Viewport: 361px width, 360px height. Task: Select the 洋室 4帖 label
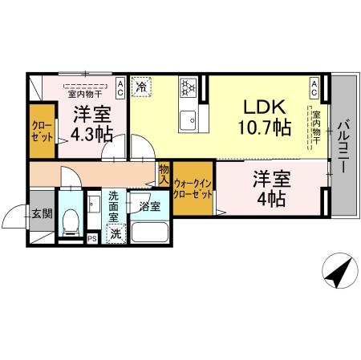click(x=270, y=189)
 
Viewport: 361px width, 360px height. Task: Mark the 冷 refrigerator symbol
click(x=141, y=84)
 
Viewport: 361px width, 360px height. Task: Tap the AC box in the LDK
click(x=314, y=84)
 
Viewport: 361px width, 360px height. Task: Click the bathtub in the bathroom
click(x=148, y=233)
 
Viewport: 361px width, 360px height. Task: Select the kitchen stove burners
click(x=189, y=87)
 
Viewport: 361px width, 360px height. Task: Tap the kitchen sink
click(x=190, y=121)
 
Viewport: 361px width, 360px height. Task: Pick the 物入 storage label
click(x=164, y=174)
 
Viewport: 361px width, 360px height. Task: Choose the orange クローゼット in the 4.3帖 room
click(x=40, y=130)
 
